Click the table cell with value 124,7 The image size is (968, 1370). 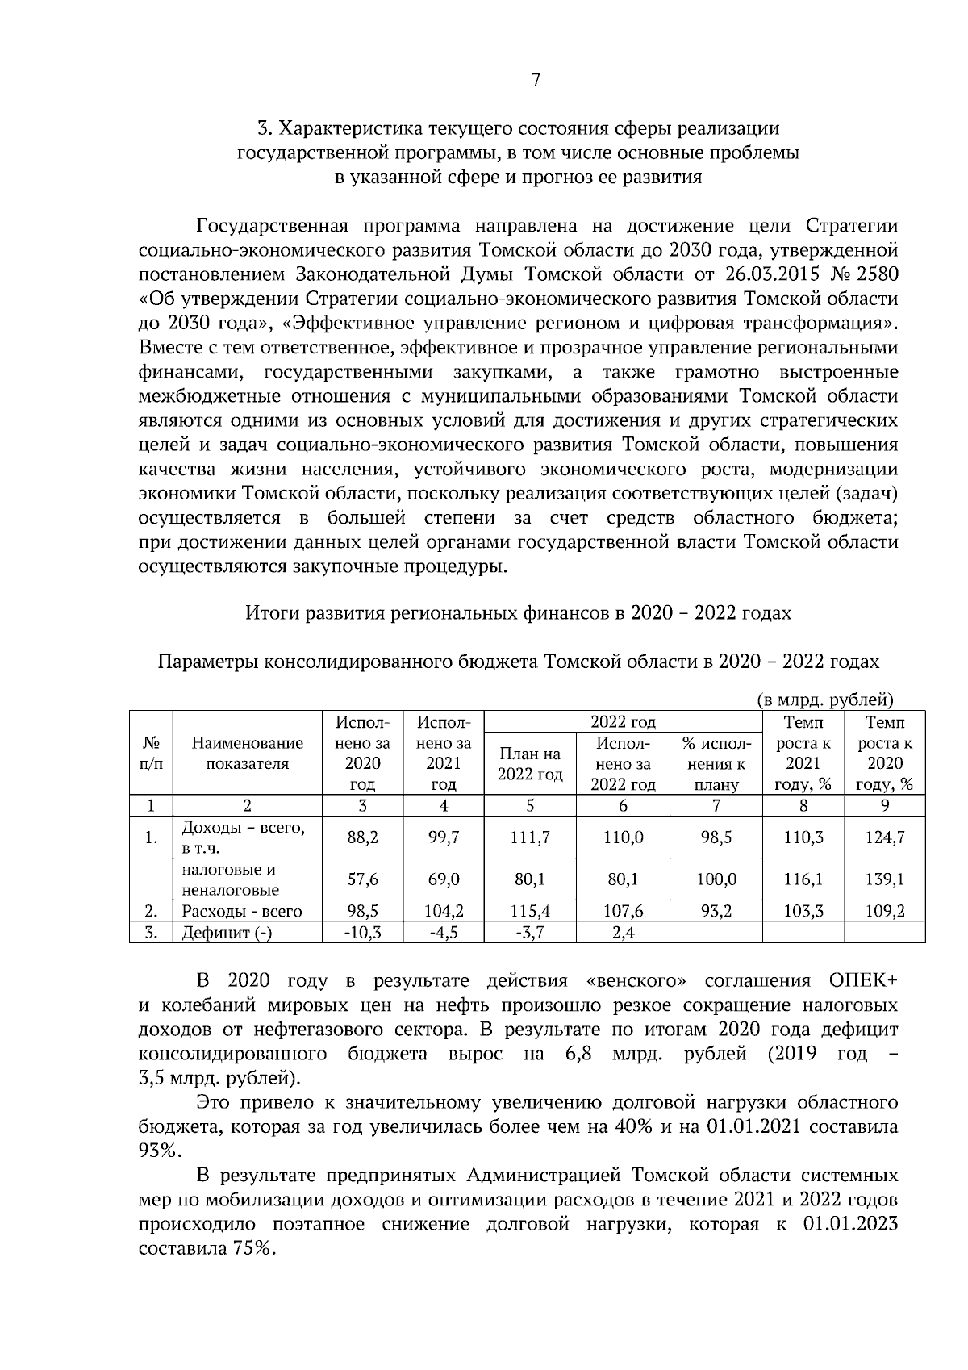(x=884, y=837)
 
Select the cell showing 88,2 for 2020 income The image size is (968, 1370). (x=362, y=837)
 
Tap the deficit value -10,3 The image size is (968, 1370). (x=362, y=933)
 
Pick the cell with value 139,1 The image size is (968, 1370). (x=884, y=879)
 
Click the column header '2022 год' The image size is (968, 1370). (x=623, y=721)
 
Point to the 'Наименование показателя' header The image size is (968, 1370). (x=248, y=754)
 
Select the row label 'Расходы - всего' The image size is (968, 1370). (x=242, y=912)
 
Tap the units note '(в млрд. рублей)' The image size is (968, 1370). (x=826, y=700)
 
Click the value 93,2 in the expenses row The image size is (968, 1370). (x=716, y=912)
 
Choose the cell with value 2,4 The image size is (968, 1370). (x=623, y=933)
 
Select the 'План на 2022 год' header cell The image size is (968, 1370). (x=530, y=763)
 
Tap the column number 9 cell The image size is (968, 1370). (x=884, y=805)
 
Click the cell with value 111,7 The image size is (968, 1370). (x=530, y=837)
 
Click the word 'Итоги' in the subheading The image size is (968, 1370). (x=271, y=613)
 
